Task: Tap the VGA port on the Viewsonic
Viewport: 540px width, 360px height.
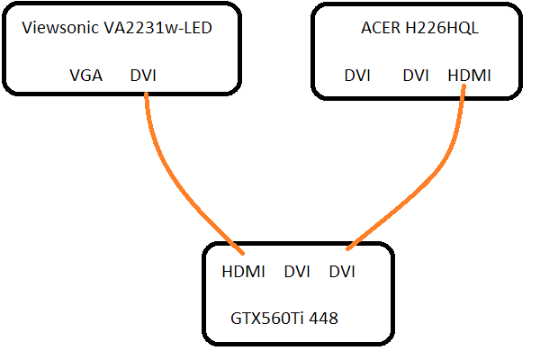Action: pyautogui.click(x=86, y=76)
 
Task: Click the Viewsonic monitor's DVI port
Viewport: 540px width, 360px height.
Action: pyautogui.click(x=143, y=76)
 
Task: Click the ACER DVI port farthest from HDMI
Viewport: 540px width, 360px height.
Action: pyautogui.click(x=357, y=76)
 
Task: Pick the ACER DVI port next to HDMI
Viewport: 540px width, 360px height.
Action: pyautogui.click(x=415, y=76)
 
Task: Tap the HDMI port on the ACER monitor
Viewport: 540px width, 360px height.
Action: pyautogui.click(x=469, y=76)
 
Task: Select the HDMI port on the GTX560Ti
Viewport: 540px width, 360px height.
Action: pyautogui.click(x=242, y=271)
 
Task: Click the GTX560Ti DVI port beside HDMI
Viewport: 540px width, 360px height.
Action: pyautogui.click(x=297, y=271)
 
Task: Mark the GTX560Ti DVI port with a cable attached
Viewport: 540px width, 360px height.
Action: pyautogui.click(x=342, y=271)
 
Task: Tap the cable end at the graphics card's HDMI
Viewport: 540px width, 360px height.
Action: pyautogui.click(x=237, y=249)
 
